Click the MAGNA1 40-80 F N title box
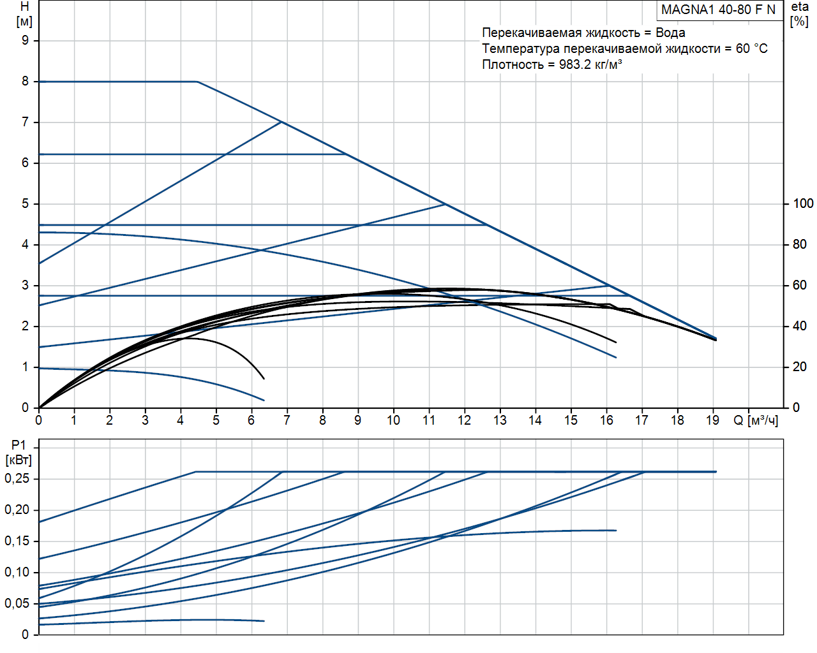pyautogui.click(x=718, y=10)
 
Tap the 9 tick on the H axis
pyautogui.click(x=26, y=40)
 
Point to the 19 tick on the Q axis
pyautogui.click(x=712, y=420)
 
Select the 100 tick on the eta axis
pyautogui.click(x=803, y=203)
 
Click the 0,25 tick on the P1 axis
pyautogui.click(x=17, y=478)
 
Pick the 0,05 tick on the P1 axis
pyautogui.click(x=17, y=603)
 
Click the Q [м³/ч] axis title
pyautogui.click(x=756, y=420)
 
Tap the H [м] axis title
pyautogui.click(x=24, y=14)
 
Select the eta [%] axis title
pyautogui.click(x=800, y=13)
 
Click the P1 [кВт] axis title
pyautogui.click(x=19, y=453)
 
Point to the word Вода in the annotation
pyautogui.click(x=670, y=33)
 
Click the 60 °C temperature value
pyautogui.click(x=751, y=48)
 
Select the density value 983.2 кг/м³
pyautogui.click(x=590, y=64)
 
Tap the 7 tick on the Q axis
pyautogui.click(x=287, y=420)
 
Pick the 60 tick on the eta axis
pyautogui.click(x=800, y=285)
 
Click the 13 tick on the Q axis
pyautogui.click(x=500, y=420)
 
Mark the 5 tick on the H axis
pyautogui.click(x=26, y=203)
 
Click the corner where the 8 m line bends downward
pyautogui.click(x=197, y=82)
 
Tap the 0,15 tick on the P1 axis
pyautogui.click(x=17, y=541)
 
